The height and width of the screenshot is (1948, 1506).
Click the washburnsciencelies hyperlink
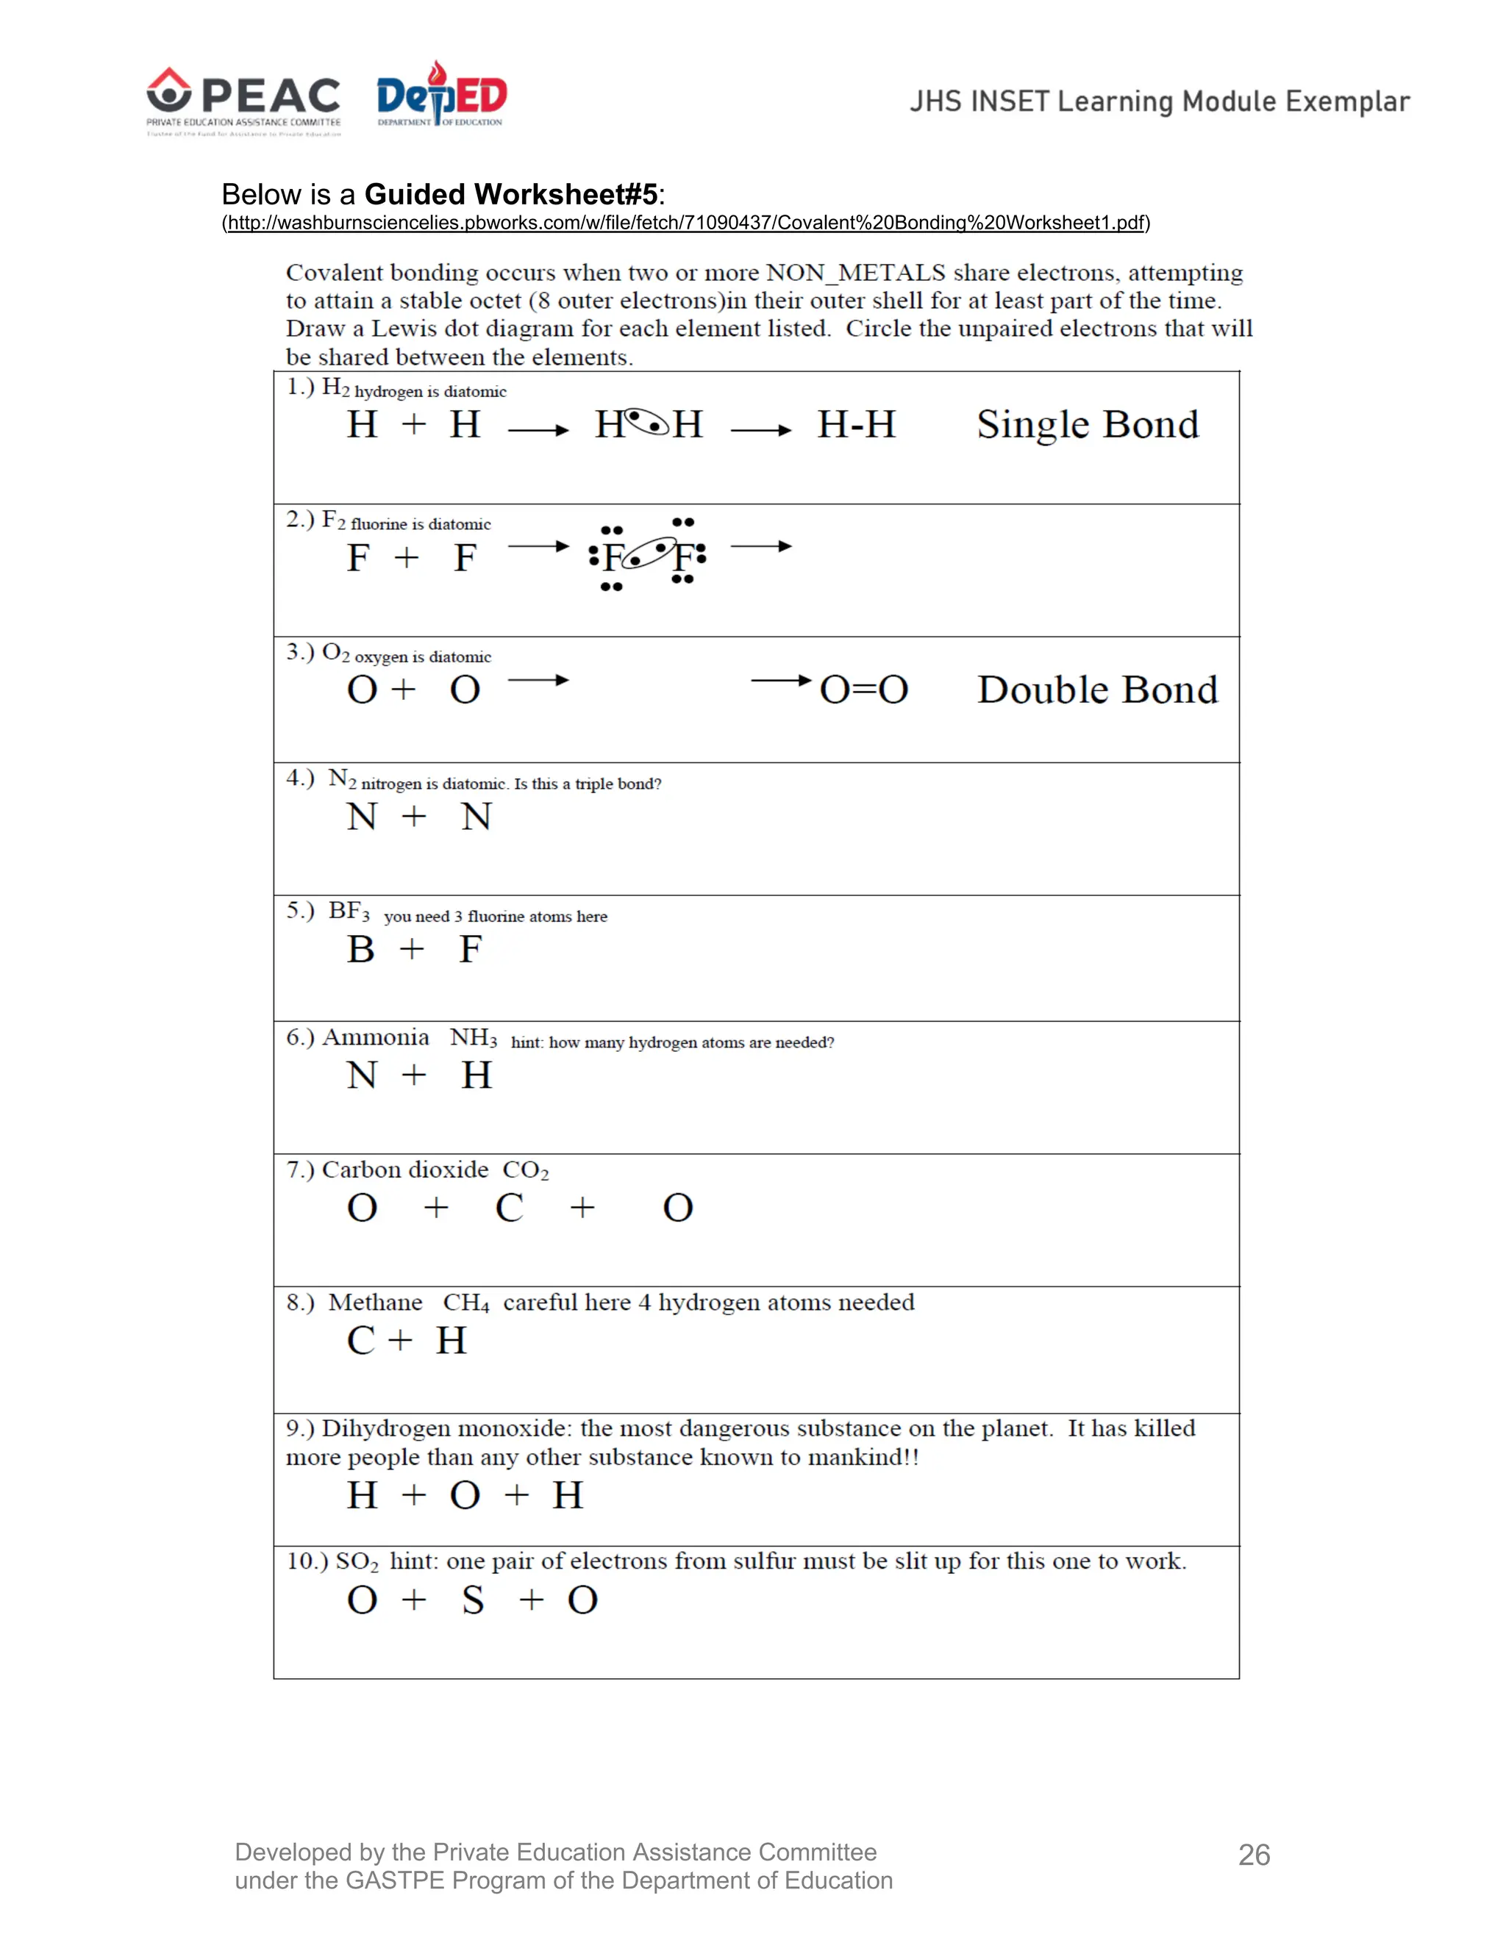coord(686,223)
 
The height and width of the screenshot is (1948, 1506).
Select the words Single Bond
coord(1087,425)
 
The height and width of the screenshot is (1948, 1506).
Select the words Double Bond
coord(1096,690)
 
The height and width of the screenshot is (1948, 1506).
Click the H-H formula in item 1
coord(856,425)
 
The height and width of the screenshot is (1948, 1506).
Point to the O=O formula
coord(863,690)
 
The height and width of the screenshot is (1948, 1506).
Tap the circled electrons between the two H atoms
coord(647,421)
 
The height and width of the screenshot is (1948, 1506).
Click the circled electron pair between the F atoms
coord(648,554)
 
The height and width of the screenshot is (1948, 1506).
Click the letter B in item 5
coord(360,949)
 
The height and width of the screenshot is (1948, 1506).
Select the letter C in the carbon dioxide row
coord(509,1208)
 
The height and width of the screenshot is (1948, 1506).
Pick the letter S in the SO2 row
coord(473,1600)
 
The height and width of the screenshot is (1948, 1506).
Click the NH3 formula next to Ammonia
coord(473,1037)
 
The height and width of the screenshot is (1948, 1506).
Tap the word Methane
coord(375,1303)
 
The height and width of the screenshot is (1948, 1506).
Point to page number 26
coord(1254,1855)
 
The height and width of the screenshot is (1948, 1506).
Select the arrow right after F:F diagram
coord(760,546)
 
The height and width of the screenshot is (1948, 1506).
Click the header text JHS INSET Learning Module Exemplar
coord(1159,101)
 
